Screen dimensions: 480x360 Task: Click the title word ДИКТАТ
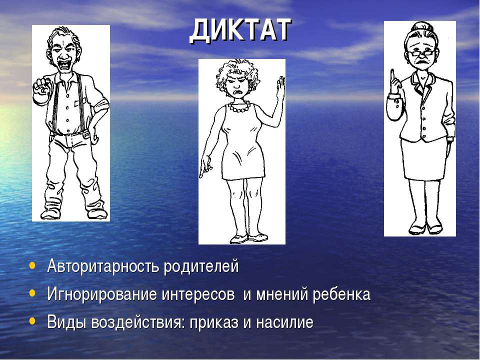240,30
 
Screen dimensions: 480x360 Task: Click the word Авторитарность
103,265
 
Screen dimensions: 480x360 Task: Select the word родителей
201,265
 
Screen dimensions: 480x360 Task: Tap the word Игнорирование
102,294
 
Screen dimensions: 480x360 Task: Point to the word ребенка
341,294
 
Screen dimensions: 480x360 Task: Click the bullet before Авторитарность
32,265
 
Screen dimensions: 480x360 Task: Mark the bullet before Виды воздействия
32,321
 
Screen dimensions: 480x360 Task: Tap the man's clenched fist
41,87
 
